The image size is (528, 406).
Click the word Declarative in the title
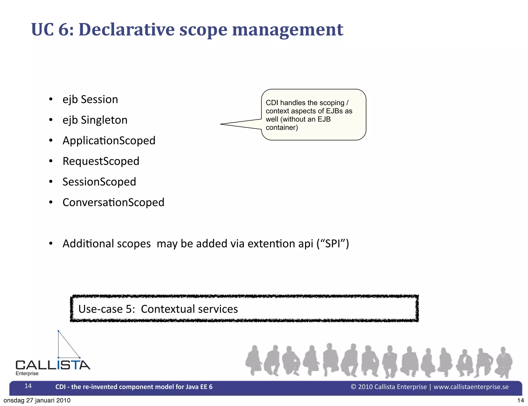[x=126, y=29]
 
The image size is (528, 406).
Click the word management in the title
[x=287, y=30]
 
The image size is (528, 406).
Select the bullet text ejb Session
[x=90, y=99]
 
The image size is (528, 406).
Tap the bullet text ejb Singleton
[x=95, y=120]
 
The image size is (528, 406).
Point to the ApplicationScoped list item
[x=109, y=141]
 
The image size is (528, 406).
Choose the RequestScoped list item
[x=101, y=161]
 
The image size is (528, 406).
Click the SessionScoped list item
[x=99, y=182]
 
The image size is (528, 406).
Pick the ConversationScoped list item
[x=113, y=202]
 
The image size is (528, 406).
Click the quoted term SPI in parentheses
[x=333, y=244]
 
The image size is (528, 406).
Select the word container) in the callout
[x=282, y=128]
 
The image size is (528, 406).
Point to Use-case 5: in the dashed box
[x=106, y=309]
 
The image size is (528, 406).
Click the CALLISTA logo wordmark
[x=53, y=365]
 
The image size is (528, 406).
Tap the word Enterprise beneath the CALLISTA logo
[x=27, y=374]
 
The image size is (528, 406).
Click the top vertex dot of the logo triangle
[x=59, y=331]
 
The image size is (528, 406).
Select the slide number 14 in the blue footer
[x=28, y=386]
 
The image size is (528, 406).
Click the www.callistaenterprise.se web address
[x=471, y=387]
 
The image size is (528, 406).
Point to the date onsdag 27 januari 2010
[x=37, y=400]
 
